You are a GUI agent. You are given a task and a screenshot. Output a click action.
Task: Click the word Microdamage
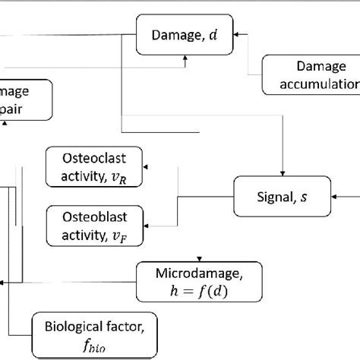(x=199, y=272)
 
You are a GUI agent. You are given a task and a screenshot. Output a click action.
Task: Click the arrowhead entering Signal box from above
(x=283, y=172)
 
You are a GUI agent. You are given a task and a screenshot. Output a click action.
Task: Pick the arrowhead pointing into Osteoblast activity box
(x=147, y=224)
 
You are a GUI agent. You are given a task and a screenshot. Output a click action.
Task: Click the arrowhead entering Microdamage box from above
(x=199, y=258)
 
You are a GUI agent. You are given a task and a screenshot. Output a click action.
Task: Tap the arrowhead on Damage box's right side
(x=238, y=33)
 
